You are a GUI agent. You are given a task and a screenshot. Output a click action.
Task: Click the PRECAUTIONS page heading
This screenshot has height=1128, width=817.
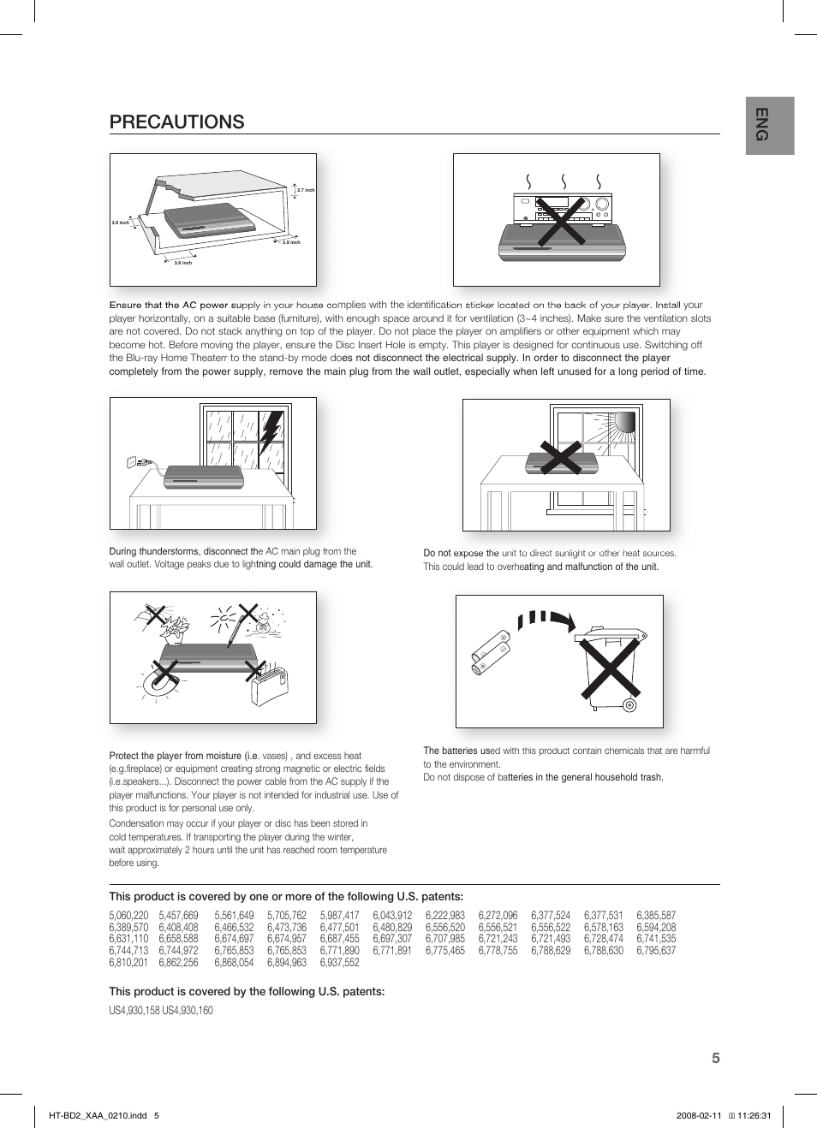coord(176,122)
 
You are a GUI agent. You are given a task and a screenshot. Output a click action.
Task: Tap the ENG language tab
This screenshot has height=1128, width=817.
coord(769,125)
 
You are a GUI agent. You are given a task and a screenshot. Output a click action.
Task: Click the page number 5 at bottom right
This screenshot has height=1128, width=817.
coord(715,1058)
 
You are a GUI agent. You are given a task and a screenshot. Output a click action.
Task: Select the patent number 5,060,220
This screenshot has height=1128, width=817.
coord(128,915)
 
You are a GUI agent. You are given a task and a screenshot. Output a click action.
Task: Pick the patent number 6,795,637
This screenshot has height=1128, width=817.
coord(655,950)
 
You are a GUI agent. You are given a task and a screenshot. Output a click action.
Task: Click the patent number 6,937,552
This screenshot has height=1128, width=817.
coord(339,962)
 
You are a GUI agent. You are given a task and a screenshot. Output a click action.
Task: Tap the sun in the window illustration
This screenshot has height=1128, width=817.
coord(624,423)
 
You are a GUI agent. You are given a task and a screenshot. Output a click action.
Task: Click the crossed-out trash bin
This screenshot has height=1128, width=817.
coord(609,668)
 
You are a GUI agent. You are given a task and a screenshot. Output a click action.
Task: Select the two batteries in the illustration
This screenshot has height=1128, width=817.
coord(491,653)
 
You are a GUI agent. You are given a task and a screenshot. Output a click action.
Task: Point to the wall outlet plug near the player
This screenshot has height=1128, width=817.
coord(137,462)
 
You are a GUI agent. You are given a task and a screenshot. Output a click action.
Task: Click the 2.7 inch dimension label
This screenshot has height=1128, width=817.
coord(306,190)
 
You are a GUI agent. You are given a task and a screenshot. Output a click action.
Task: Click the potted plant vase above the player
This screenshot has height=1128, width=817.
coord(175,630)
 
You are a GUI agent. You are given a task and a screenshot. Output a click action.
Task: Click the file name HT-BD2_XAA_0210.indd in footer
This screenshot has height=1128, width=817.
coord(97,1115)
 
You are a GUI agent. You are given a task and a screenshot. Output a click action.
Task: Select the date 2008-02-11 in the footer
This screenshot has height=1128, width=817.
coord(699,1115)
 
